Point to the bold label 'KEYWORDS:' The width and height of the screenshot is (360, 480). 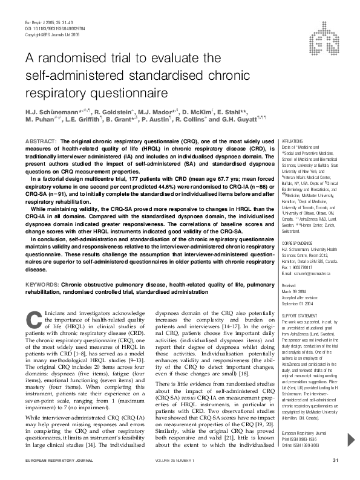tap(42, 284)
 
